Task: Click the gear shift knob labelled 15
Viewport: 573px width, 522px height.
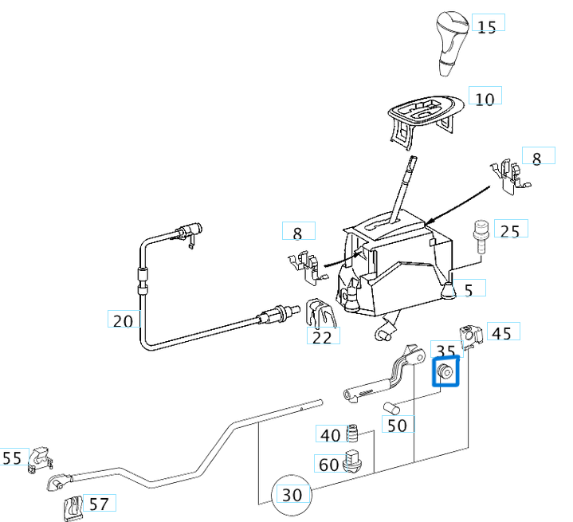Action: click(x=449, y=40)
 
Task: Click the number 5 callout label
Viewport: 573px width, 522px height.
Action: click(x=469, y=288)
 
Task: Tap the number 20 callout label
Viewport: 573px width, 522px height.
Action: click(x=124, y=320)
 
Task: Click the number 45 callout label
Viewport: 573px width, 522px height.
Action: click(x=500, y=332)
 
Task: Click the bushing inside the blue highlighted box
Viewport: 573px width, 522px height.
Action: click(x=445, y=372)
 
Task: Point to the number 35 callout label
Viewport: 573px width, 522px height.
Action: click(x=446, y=351)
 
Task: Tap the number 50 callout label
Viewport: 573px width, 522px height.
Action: click(x=397, y=425)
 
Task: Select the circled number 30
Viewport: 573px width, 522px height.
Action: click(x=292, y=494)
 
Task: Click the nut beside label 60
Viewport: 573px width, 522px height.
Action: click(x=353, y=461)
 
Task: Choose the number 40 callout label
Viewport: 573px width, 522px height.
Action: click(x=330, y=434)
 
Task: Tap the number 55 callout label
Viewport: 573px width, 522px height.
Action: click(x=12, y=458)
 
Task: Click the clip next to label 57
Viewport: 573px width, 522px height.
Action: click(x=73, y=505)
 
